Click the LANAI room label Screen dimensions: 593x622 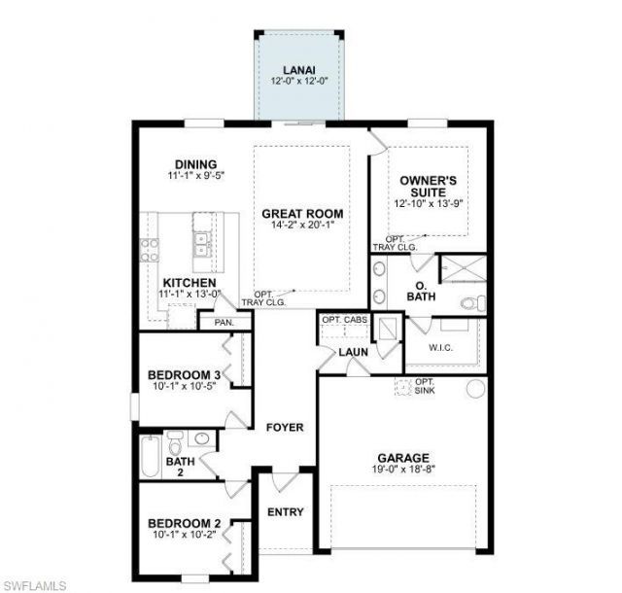coord(297,70)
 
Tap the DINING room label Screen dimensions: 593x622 coord(195,163)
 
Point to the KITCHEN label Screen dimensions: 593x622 coord(190,283)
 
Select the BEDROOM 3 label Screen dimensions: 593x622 coord(184,375)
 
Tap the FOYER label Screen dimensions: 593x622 coord(285,427)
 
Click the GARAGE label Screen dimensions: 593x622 coord(404,458)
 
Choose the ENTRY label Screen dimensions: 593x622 coord(285,512)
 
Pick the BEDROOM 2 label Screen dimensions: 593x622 coord(184,524)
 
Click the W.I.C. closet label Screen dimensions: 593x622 coord(443,347)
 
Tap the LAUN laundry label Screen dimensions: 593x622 coord(351,353)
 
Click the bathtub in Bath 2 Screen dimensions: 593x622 coord(149,457)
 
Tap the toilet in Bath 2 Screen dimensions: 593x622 coord(177,445)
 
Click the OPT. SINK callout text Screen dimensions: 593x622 coord(425,387)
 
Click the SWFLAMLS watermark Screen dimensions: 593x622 coord(35,584)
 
